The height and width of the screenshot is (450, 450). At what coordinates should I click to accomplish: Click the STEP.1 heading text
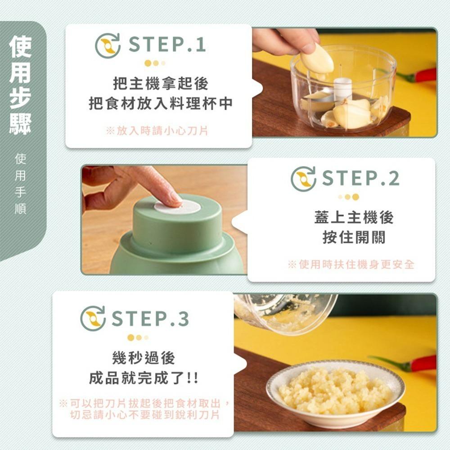tap(167, 45)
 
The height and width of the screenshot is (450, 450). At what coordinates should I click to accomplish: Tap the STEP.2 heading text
tap(360, 179)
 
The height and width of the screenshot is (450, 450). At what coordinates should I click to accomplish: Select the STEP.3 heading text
tap(150, 319)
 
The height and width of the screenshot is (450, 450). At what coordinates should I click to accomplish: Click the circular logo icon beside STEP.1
tap(108, 45)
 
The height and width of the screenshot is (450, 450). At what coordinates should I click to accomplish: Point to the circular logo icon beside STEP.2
tap(303, 179)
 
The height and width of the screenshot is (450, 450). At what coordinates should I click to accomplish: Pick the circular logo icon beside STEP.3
tap(93, 319)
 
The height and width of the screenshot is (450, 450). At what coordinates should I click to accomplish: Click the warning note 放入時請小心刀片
tap(157, 131)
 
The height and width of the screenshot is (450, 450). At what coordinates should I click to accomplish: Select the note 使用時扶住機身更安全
tap(351, 264)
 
